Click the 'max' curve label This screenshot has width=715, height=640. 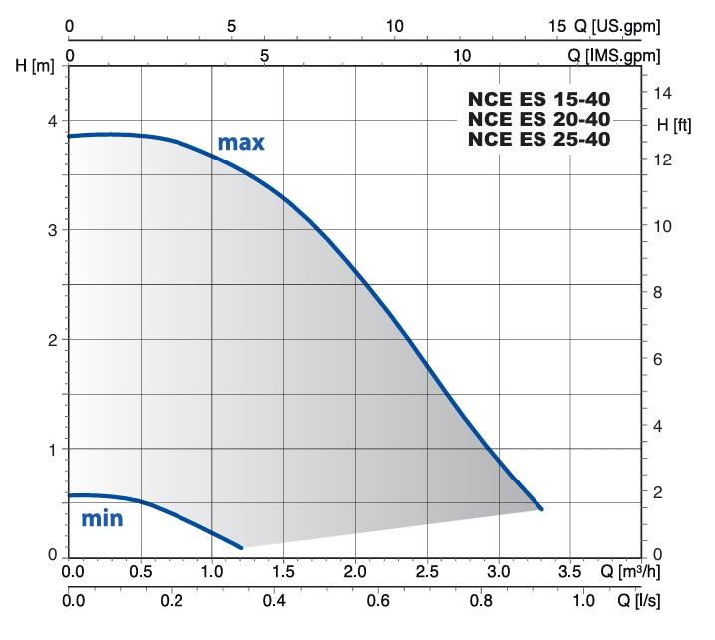[x=241, y=143]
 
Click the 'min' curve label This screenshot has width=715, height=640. [x=102, y=518]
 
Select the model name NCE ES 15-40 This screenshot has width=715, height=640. [x=538, y=99]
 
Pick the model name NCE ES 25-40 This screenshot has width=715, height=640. [x=538, y=139]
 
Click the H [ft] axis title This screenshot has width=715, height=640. [x=668, y=126]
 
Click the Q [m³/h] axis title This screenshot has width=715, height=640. [x=633, y=572]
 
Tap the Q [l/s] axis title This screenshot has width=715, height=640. [x=639, y=601]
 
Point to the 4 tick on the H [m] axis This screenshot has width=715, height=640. [x=52, y=121]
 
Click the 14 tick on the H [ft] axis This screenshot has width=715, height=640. [x=663, y=93]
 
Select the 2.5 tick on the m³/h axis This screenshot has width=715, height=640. [x=428, y=572]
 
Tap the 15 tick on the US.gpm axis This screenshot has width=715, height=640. [x=555, y=26]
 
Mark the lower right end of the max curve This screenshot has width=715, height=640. [x=541, y=508]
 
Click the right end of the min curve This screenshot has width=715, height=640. [x=241, y=547]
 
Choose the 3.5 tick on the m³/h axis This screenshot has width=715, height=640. [x=569, y=572]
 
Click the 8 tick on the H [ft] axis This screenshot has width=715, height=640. [x=658, y=292]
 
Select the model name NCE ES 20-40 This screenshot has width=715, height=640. [x=538, y=119]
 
